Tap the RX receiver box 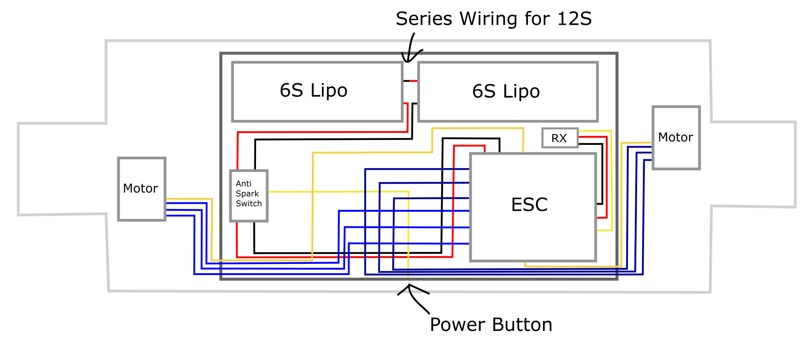click(x=560, y=138)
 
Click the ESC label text click(x=529, y=205)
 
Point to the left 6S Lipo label click(x=313, y=91)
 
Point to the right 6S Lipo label click(x=506, y=91)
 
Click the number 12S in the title click(x=574, y=19)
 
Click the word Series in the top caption click(x=424, y=19)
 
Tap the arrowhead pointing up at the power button click(x=409, y=286)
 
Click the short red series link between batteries click(x=414, y=81)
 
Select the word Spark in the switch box click(x=247, y=194)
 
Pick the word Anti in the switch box click(x=243, y=184)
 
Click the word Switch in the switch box click(x=249, y=204)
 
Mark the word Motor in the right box click(x=675, y=137)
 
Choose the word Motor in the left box click(x=140, y=189)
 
